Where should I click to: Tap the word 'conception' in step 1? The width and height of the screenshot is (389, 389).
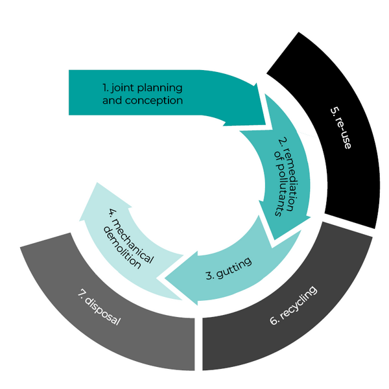point(158,100)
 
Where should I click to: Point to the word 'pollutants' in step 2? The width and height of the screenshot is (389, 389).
point(275,191)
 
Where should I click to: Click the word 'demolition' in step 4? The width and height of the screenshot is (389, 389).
point(123,245)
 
